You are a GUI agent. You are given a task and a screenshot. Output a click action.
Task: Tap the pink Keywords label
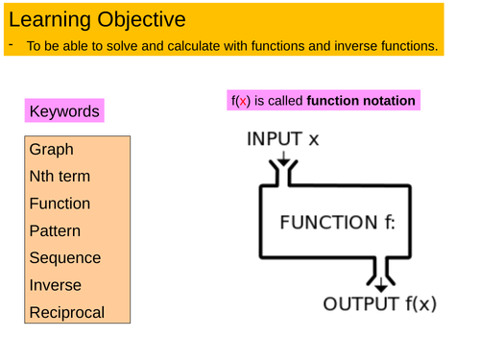pyautogui.click(x=64, y=111)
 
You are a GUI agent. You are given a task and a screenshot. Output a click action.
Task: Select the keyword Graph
pyautogui.click(x=51, y=150)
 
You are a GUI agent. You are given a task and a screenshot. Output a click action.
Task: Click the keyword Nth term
pyautogui.click(x=60, y=177)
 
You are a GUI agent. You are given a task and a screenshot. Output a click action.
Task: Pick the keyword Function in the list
pyautogui.click(x=60, y=204)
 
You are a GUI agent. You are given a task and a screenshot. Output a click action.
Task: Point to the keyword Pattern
pyautogui.click(x=55, y=231)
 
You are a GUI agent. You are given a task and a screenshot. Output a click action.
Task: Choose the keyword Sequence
pyautogui.click(x=64, y=258)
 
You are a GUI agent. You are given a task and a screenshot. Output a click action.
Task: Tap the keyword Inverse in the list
pyautogui.click(x=56, y=285)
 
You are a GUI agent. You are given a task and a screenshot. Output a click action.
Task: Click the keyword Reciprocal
pyautogui.click(x=67, y=313)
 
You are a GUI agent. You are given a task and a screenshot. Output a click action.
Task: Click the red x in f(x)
pyautogui.click(x=245, y=101)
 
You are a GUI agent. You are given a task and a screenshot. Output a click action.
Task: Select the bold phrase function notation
pyautogui.click(x=361, y=101)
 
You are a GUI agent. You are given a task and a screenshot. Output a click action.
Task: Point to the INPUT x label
pyautogui.click(x=283, y=138)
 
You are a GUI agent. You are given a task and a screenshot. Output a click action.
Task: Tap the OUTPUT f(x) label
pyautogui.click(x=379, y=304)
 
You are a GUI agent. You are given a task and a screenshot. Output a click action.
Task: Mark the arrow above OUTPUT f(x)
pyautogui.click(x=381, y=280)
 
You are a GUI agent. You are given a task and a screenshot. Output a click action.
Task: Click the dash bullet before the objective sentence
pyautogui.click(x=9, y=45)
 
